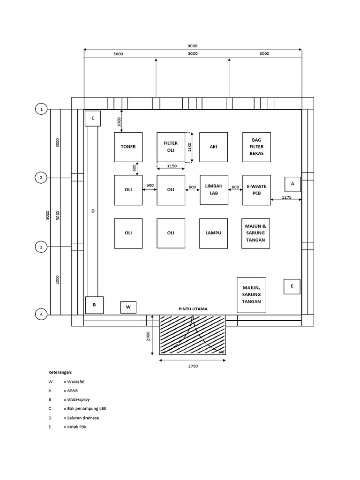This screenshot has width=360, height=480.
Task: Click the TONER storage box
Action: click(x=128, y=147)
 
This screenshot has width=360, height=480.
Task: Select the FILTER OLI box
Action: click(x=171, y=147)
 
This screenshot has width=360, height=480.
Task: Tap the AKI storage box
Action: click(x=213, y=147)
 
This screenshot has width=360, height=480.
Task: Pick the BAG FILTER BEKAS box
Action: click(x=256, y=147)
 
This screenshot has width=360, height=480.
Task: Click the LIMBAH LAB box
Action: click(x=213, y=190)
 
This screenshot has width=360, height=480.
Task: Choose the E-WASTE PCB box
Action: click(x=256, y=190)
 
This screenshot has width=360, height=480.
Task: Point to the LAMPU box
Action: click(x=213, y=233)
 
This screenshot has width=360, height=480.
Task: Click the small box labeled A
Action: click(x=292, y=184)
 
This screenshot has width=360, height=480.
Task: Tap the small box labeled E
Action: click(x=292, y=286)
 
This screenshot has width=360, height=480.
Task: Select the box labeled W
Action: click(x=128, y=307)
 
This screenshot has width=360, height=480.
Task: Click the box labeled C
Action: click(x=93, y=119)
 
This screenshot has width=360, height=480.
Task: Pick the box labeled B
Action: click(x=94, y=305)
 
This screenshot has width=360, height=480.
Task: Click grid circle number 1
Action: click(x=42, y=109)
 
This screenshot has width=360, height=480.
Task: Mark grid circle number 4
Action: click(x=42, y=315)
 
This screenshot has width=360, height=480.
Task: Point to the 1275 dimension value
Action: click(x=287, y=198)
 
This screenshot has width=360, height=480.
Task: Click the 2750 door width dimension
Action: click(x=192, y=366)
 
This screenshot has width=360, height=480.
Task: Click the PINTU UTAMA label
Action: click(x=193, y=309)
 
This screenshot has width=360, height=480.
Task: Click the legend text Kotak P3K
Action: click(x=77, y=427)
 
